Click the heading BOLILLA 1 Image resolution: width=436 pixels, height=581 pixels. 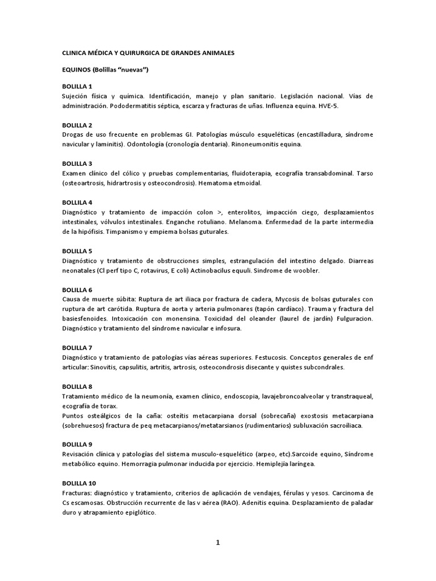point(77,86)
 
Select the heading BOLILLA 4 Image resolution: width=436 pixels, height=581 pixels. point(77,202)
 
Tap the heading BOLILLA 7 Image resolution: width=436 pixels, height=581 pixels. point(77,347)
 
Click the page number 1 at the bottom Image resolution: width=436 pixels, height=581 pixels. point(217,542)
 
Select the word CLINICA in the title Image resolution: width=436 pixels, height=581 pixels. point(74,52)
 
